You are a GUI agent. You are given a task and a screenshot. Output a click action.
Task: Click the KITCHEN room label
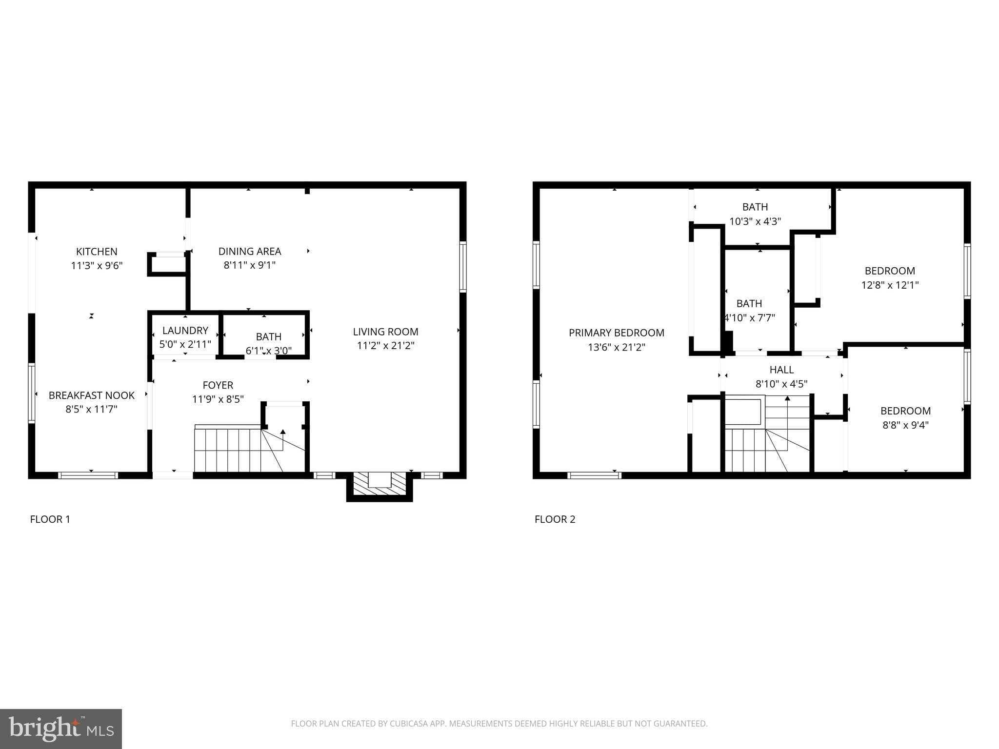(x=97, y=252)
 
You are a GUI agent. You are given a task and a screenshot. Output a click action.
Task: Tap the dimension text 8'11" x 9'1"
(x=249, y=265)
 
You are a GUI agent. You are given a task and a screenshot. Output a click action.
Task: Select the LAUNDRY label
(x=185, y=331)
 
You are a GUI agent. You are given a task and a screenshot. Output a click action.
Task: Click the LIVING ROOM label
(x=385, y=332)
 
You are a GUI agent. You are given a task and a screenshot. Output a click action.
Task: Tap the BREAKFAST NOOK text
(x=91, y=395)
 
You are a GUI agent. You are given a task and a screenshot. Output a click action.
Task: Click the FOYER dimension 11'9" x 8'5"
(x=218, y=399)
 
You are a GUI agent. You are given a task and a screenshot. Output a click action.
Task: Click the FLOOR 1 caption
(x=50, y=519)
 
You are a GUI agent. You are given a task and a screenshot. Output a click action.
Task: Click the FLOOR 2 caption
(x=555, y=519)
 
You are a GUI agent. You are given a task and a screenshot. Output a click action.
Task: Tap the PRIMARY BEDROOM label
(x=616, y=333)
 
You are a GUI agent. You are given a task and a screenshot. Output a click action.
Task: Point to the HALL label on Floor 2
(x=781, y=370)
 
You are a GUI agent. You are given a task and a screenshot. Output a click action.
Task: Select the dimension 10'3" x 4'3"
(x=755, y=221)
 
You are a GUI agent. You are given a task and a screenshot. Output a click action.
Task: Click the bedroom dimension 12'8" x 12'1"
(x=890, y=285)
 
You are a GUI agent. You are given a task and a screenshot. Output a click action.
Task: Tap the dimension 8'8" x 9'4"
(x=905, y=425)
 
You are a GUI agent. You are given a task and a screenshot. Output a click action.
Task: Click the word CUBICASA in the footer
(x=408, y=724)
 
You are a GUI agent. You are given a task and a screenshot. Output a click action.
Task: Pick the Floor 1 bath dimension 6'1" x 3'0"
(x=268, y=350)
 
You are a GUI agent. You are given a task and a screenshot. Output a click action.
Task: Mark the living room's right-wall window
(x=463, y=267)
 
